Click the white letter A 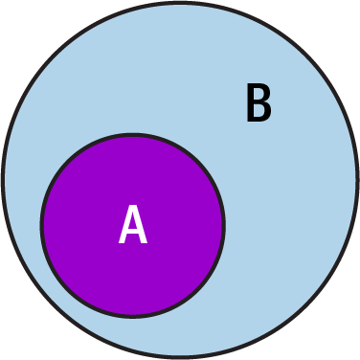point(133,226)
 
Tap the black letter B point(258,103)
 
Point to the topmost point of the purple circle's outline point(133,136)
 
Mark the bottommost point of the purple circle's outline point(133,316)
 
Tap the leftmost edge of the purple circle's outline point(43,226)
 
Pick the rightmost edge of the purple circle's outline point(223,226)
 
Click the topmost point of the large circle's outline point(180,4)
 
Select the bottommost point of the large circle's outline point(180,356)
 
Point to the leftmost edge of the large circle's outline point(4,180)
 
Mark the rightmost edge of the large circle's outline point(357,180)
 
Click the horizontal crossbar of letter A point(133,233)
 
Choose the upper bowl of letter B point(263,94)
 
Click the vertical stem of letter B point(250,103)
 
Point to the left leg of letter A point(124,236)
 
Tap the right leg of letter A point(142,236)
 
